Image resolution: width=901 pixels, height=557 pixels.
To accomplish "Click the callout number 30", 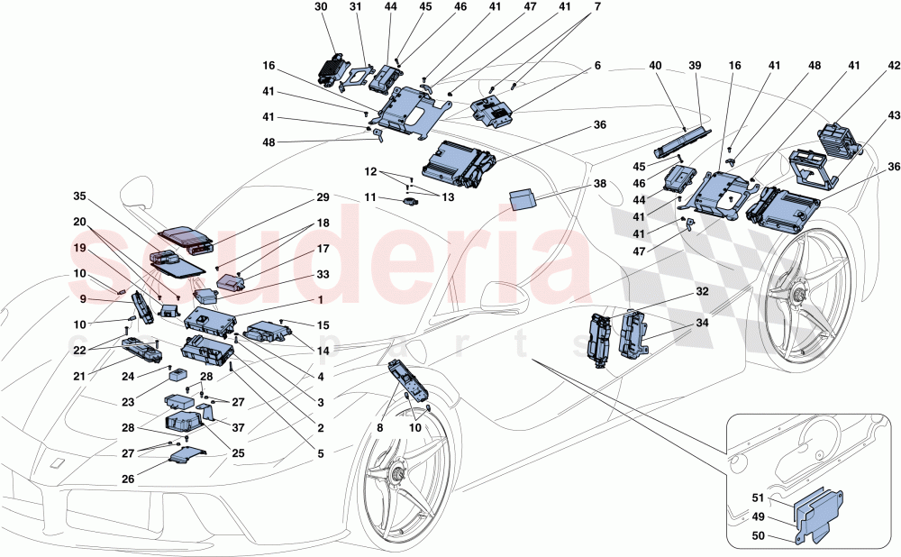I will pos(322,6).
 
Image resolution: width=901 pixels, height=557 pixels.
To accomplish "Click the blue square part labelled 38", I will pos(523,198).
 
